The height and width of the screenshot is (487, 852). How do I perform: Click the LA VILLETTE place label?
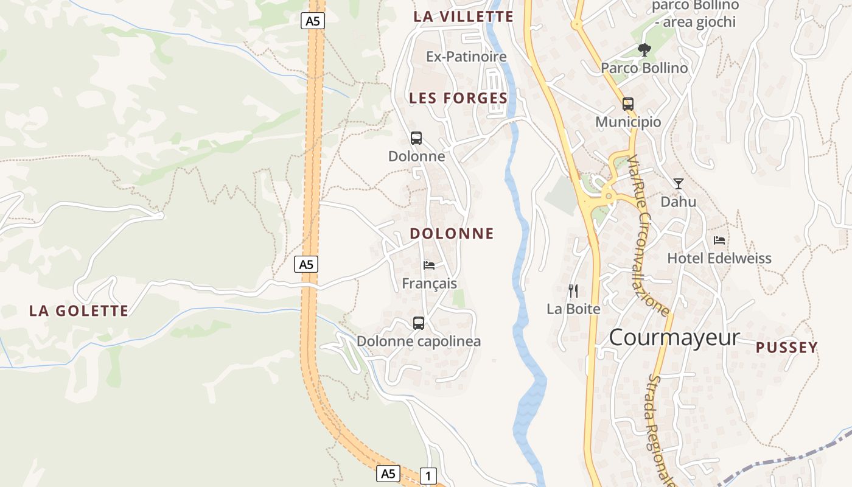[463, 16]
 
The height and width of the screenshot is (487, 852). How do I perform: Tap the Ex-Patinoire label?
[466, 57]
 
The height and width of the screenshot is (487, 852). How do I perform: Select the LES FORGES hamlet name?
[458, 98]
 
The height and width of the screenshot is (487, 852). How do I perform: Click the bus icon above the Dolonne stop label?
[416, 138]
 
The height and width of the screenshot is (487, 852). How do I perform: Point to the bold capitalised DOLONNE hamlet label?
[452, 234]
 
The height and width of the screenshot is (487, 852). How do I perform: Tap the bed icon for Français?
[429, 265]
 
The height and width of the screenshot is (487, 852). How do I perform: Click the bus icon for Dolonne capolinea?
[419, 323]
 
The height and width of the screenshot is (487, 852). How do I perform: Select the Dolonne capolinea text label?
[419, 342]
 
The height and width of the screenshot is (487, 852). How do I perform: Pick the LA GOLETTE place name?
[79, 311]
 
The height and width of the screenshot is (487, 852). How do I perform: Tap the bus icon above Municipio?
[628, 104]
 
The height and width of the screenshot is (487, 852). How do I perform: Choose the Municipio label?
[628, 122]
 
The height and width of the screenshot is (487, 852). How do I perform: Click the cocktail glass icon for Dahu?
[679, 183]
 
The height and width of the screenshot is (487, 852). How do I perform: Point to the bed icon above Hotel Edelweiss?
[719, 240]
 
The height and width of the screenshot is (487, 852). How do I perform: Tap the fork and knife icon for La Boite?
[573, 291]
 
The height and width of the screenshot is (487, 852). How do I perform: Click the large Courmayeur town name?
[674, 337]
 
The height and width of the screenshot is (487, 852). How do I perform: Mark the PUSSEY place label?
[787, 348]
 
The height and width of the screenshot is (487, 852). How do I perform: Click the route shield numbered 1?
[428, 476]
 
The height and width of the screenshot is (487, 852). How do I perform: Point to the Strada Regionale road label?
[662, 429]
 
